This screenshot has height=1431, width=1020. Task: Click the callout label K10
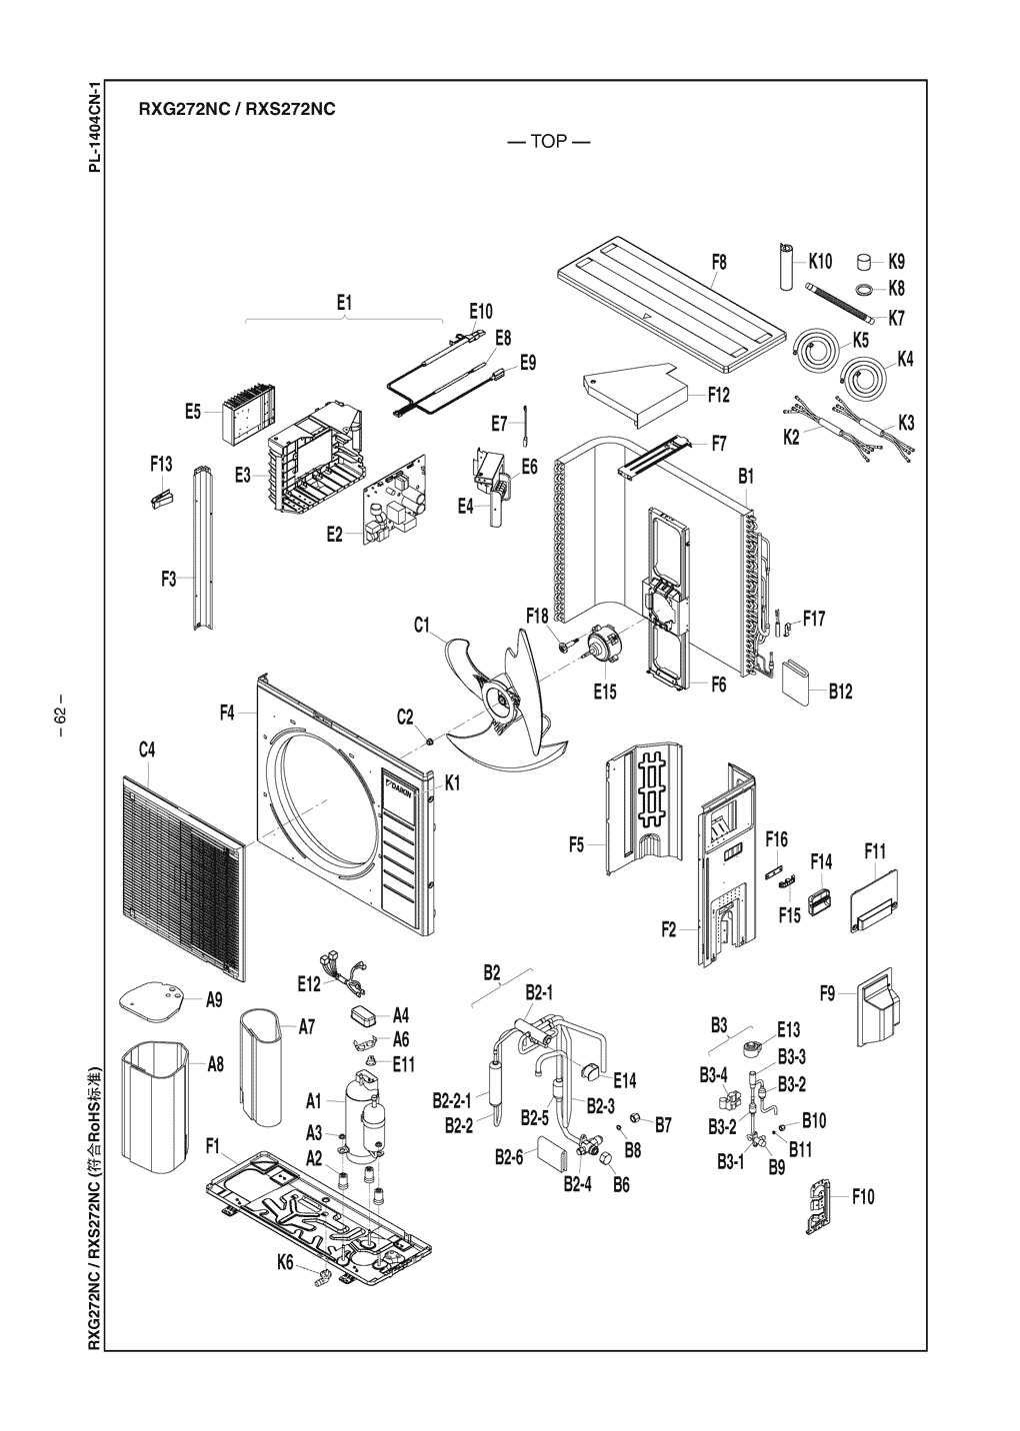820,262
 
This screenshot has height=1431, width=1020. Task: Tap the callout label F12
719,395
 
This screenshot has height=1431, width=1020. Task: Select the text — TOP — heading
548,141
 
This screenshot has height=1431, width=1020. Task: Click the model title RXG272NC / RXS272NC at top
230,108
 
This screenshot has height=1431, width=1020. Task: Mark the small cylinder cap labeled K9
864,263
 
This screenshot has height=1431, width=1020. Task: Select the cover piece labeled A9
155,1000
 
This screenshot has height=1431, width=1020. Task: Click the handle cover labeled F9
877,1007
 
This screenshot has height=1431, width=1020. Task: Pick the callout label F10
863,1196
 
